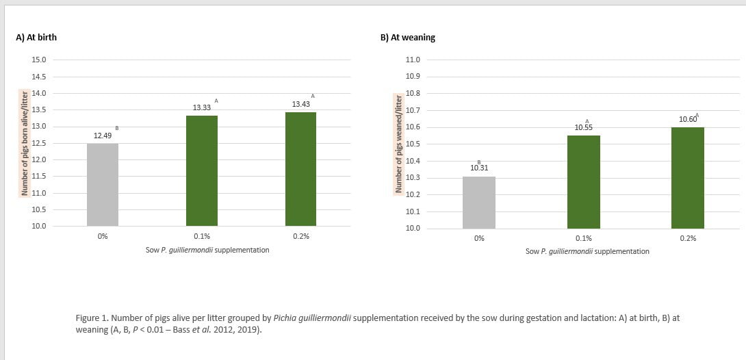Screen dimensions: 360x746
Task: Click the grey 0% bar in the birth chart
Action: [x=103, y=184]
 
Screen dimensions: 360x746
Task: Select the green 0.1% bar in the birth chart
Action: [x=202, y=170]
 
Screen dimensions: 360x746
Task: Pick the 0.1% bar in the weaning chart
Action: [x=583, y=181]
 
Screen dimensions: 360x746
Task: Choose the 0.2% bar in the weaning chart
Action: [x=687, y=177]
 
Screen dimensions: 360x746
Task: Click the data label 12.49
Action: [x=103, y=136]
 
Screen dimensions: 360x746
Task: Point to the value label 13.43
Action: [x=300, y=104]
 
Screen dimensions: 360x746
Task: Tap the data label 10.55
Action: [x=583, y=128]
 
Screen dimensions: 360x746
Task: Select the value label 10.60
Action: [x=687, y=120]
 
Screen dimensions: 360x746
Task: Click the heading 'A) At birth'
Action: [x=36, y=38]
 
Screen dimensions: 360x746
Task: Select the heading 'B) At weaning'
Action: [x=407, y=38]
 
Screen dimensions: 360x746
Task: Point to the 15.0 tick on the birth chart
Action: [x=38, y=60]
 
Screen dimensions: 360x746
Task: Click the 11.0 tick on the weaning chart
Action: [x=413, y=60]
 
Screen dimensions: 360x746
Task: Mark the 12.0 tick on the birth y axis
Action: [x=38, y=159]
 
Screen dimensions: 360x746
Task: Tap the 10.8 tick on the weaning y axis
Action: [x=413, y=93]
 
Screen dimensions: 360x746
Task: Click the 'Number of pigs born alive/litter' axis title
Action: [x=25, y=142]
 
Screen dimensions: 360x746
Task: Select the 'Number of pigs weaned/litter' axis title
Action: [x=397, y=144]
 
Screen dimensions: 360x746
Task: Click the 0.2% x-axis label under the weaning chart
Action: [x=688, y=238]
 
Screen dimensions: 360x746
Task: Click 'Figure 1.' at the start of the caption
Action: [x=91, y=318]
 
